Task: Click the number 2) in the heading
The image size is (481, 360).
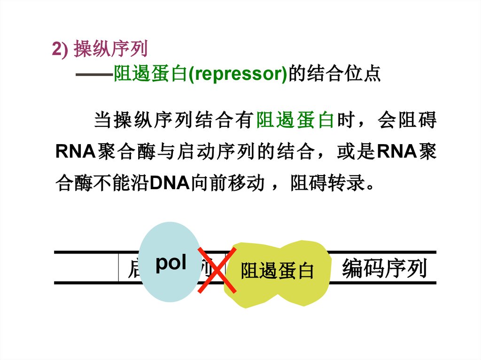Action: [61, 50]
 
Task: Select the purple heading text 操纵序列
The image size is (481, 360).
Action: [110, 49]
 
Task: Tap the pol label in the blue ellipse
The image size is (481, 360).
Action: [171, 263]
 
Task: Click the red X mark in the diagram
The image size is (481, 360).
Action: [217, 270]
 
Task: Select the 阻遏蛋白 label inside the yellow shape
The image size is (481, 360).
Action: [277, 271]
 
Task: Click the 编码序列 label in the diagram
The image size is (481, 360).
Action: [384, 268]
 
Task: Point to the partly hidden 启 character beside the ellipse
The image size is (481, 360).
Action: [133, 269]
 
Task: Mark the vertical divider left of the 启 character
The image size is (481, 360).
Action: [118, 268]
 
